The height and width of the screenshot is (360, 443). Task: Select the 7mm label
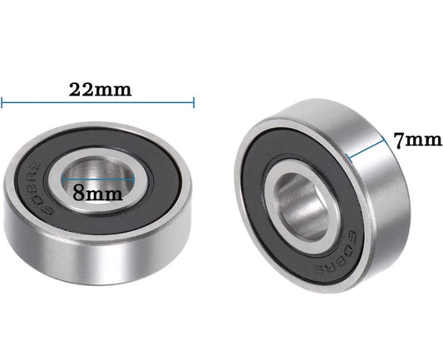click(417, 141)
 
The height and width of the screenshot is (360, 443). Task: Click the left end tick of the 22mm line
click(2, 103)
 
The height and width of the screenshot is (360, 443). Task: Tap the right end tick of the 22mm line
click(194, 103)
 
